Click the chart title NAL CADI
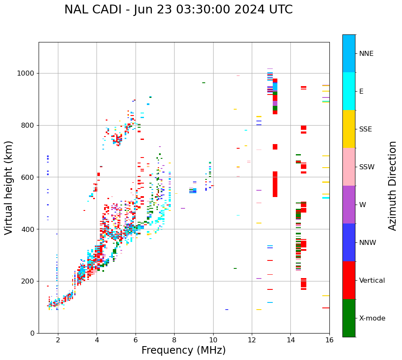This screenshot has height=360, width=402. (178, 10)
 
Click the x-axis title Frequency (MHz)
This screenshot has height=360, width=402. (183, 350)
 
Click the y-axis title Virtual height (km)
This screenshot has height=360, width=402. (9, 188)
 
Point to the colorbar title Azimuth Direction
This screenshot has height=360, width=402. (392, 186)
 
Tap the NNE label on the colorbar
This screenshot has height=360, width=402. (366, 54)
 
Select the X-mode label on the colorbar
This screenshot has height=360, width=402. (372, 318)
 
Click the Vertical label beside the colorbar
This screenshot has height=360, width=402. (372, 281)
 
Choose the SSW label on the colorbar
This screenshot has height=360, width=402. (367, 167)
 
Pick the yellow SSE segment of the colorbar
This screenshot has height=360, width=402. (349, 129)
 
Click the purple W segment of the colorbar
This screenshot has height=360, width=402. (349, 205)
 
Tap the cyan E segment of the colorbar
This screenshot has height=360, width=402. (349, 91)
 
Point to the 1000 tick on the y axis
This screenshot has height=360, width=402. (26, 74)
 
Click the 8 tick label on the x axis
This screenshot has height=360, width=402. (174, 340)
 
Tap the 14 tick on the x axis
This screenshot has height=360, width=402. (290, 340)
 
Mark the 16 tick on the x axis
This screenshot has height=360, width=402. (329, 340)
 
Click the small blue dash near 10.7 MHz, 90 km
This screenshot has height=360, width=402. (227, 310)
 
